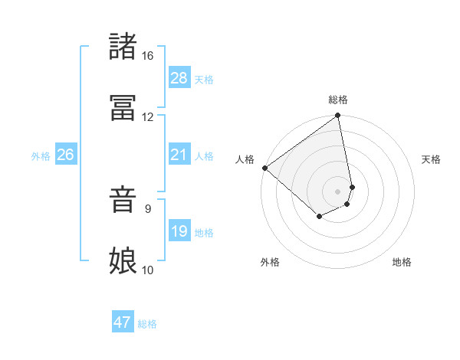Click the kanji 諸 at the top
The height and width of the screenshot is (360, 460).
pos(123,47)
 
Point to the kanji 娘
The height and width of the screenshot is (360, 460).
pos(123,260)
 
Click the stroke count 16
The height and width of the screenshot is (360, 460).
pos(147,56)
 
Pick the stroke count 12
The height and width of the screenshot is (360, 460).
pos(147,117)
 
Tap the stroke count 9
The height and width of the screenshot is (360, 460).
pos(148,208)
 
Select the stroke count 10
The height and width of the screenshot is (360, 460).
pos(147,270)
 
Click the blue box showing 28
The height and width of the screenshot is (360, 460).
pos(179,78)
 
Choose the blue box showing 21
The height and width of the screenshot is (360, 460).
pos(179,155)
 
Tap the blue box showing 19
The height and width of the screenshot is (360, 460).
pos(179,231)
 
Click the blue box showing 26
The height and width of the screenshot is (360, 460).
pos(65,155)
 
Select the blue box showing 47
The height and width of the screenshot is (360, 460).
pos(123,322)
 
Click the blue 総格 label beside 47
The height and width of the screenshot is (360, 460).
pos(147,324)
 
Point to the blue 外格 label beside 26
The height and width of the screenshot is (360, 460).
pos(41,156)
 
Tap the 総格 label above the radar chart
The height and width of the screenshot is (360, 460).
pos(338,100)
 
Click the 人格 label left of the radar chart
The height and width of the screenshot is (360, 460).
pos(245,159)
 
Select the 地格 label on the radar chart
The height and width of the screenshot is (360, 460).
pos(402,262)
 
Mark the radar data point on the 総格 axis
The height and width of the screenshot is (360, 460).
pos(338,116)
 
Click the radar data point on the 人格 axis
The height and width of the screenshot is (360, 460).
pos(264,168)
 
